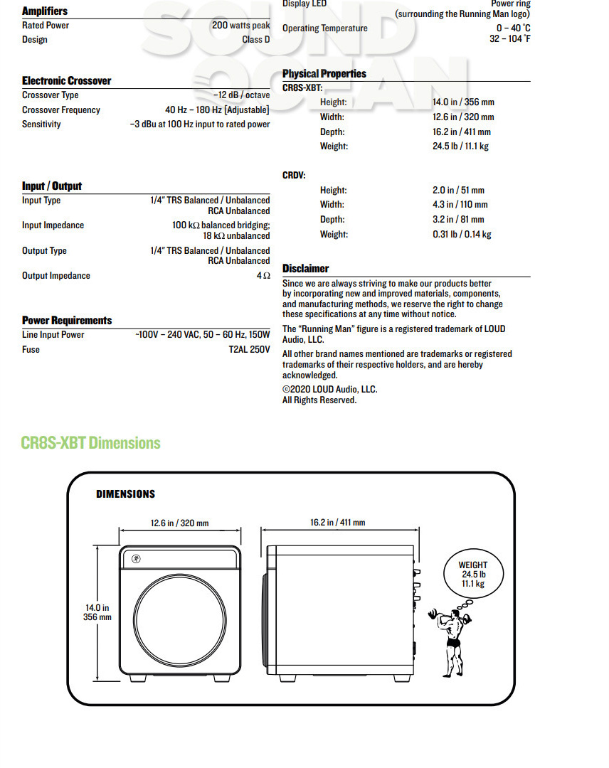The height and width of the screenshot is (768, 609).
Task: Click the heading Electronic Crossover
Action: pos(66,81)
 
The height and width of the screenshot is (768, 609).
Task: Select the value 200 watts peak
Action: pos(240,26)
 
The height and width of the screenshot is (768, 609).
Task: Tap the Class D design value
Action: pos(256,40)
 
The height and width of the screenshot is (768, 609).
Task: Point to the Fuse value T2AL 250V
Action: pos(249,350)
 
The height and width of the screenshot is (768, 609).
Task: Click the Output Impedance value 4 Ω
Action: pos(263,276)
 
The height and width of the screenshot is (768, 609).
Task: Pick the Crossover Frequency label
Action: pos(61,110)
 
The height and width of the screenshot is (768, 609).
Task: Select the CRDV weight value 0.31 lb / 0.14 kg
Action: pos(462,235)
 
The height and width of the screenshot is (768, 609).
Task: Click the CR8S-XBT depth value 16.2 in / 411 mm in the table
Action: pos(462,132)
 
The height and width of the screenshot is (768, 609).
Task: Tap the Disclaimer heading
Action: pos(305,269)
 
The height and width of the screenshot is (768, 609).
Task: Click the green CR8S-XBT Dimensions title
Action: pos(91,443)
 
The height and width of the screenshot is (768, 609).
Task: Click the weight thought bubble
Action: pos(473,575)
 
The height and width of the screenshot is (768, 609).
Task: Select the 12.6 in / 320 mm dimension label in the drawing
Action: pos(179,523)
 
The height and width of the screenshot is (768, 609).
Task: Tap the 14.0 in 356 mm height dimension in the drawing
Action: pos(98,612)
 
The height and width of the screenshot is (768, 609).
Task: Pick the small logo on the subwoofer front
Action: pos(135,558)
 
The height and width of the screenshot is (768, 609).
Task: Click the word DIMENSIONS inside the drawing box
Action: pos(125,494)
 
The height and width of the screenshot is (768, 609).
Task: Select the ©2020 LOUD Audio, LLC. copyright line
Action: pos(329,390)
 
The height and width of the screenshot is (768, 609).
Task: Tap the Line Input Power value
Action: pos(203,335)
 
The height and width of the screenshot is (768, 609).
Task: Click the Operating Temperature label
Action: pos(325,28)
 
